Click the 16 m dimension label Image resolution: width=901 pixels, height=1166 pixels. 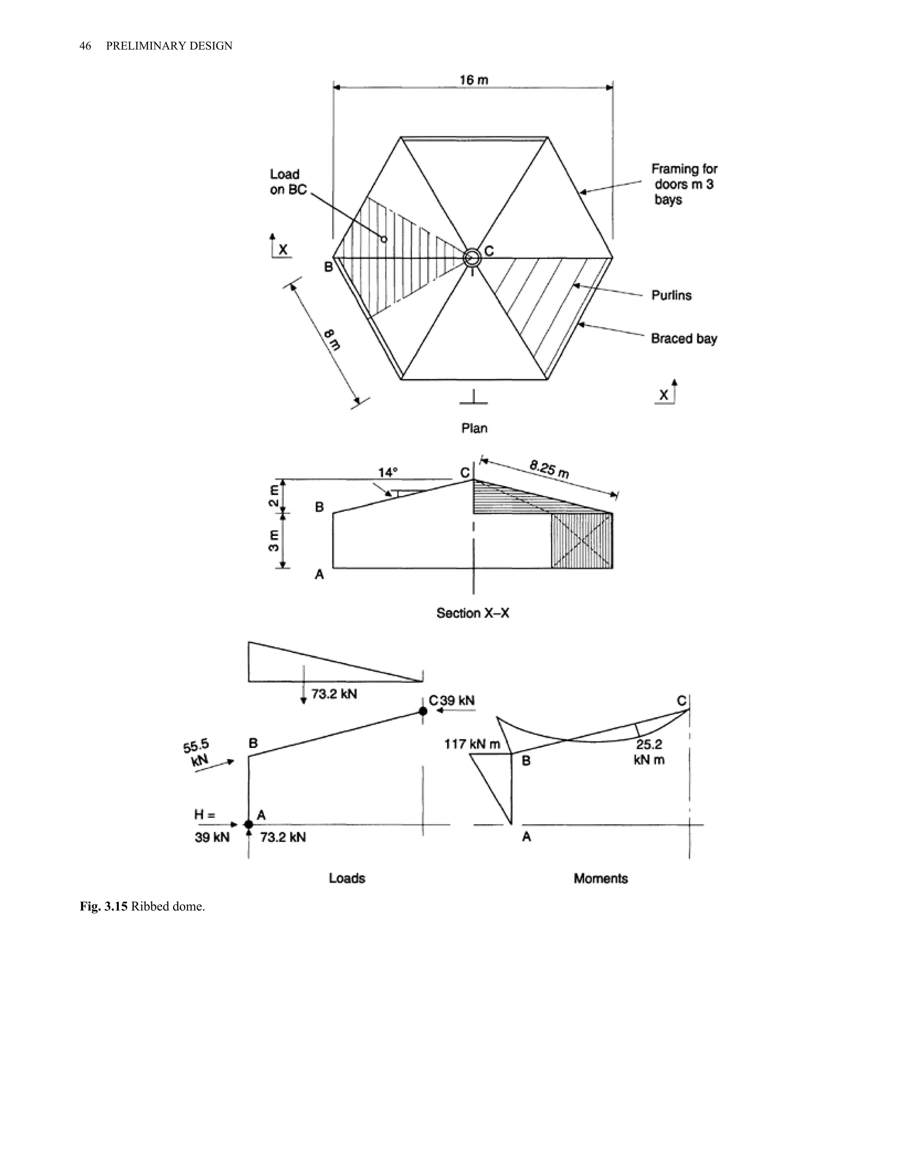(473, 80)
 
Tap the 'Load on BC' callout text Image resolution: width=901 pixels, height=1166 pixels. (288, 182)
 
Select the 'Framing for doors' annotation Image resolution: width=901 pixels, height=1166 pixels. (684, 184)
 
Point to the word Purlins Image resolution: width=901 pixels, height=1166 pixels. (671, 295)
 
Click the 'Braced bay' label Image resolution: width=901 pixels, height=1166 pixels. (684, 338)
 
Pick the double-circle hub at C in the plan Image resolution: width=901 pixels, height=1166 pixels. (472, 258)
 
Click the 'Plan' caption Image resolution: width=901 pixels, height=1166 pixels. (474, 428)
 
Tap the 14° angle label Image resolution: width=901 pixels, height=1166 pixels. (388, 473)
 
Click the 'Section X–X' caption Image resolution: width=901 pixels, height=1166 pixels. (472, 613)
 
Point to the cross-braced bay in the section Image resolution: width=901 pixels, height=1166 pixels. (582, 541)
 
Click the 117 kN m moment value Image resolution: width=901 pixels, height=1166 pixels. (472, 744)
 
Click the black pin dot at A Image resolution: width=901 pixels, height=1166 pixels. (248, 824)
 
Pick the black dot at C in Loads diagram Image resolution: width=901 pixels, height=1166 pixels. (423, 711)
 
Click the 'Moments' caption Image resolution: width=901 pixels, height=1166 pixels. (601, 878)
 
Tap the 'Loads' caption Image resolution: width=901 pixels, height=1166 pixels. (347, 878)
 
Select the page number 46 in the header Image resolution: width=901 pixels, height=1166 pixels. (85, 46)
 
